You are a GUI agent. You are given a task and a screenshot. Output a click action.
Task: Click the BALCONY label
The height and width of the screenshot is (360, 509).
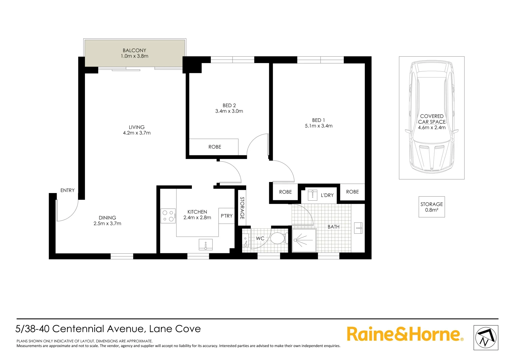point(134,51)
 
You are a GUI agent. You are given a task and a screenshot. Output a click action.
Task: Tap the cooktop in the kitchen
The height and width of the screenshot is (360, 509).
point(168,216)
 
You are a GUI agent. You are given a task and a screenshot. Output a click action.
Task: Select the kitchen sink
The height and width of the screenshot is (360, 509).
point(206,245)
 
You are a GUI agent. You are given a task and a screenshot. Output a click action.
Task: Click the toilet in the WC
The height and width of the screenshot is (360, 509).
point(277,238)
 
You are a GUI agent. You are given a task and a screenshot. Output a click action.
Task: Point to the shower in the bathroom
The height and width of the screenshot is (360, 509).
point(304,240)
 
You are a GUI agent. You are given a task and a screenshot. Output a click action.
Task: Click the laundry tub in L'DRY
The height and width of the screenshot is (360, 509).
point(312,195)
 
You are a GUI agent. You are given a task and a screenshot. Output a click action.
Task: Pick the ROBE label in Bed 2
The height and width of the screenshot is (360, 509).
point(215,147)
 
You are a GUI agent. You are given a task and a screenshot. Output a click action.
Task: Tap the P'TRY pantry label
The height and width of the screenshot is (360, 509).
point(227,216)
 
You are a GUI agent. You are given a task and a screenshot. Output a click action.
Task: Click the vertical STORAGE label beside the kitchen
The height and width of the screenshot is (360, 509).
point(242,208)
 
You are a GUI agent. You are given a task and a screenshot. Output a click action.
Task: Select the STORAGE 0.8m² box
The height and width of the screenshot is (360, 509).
point(431,207)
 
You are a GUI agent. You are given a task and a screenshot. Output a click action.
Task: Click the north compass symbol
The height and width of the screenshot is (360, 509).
point(486,338)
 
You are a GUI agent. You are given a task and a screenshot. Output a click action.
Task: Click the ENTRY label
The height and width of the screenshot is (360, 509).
point(67,190)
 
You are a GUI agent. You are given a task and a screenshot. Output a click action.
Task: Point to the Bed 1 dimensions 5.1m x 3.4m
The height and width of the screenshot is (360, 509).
point(318,126)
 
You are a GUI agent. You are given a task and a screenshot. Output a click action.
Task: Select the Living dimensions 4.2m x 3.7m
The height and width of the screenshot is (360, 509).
point(137,133)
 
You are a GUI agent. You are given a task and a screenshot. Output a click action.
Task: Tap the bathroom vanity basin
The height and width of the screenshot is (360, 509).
point(358,228)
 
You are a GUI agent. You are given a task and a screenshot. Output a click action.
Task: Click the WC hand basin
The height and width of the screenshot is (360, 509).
point(246,240)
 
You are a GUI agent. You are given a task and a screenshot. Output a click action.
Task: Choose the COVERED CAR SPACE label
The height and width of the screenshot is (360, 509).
point(432,119)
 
